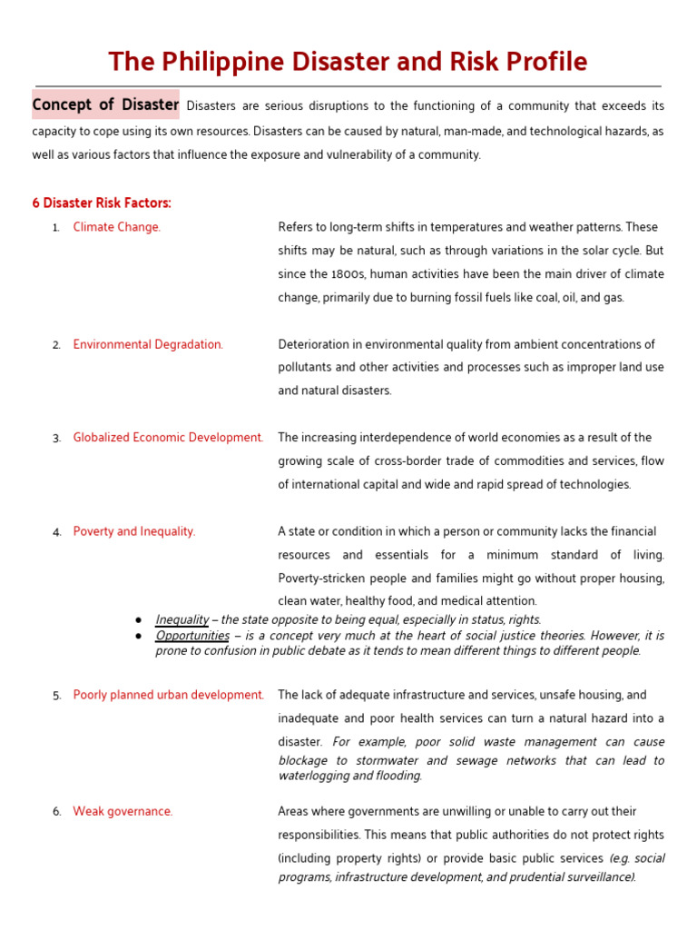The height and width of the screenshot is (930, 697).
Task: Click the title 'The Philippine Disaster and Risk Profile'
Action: tap(348, 62)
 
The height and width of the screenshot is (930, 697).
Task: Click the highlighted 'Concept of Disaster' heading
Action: tap(105, 104)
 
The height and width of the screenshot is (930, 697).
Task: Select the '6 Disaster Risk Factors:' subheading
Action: tap(102, 203)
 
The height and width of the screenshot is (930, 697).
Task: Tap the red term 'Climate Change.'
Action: tap(116, 227)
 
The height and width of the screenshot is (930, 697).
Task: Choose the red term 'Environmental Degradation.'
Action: tap(148, 344)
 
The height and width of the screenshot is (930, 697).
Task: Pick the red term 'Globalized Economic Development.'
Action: tap(168, 437)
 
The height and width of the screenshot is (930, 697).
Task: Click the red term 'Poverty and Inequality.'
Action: tap(134, 531)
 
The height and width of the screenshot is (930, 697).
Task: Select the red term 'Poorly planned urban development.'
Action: tap(169, 695)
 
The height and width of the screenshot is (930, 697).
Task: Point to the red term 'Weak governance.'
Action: tap(123, 811)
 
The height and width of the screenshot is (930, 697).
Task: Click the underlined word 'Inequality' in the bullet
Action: tap(182, 619)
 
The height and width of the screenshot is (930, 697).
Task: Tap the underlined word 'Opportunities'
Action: tap(192, 636)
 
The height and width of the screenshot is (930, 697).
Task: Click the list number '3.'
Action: tap(56, 438)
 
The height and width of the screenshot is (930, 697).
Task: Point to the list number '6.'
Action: tap(56, 812)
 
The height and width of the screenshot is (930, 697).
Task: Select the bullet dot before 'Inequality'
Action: tap(138, 619)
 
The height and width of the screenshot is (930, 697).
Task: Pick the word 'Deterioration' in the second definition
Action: tap(315, 344)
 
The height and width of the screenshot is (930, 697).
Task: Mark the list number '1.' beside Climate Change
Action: tap(56, 228)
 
